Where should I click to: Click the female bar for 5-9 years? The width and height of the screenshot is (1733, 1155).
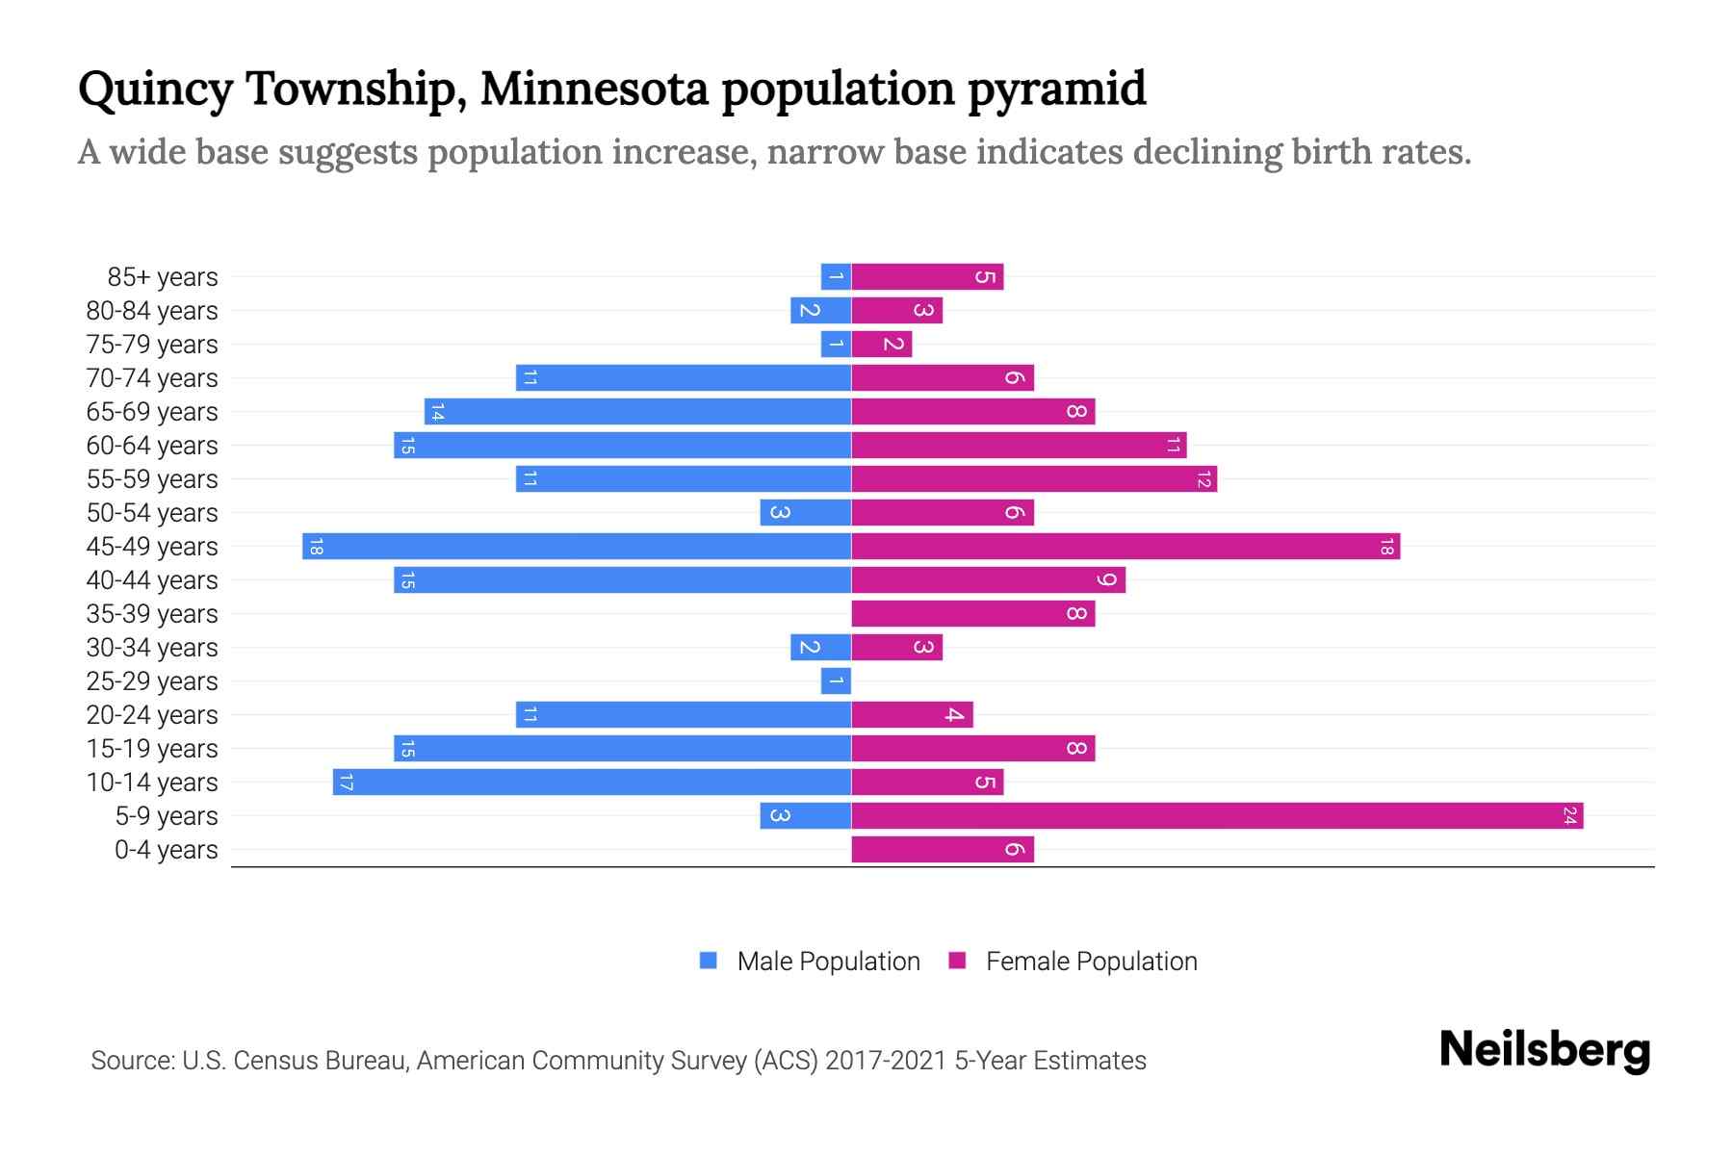1217,816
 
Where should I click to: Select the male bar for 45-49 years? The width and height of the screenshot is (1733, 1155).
577,547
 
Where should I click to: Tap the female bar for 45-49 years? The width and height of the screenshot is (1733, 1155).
1125,547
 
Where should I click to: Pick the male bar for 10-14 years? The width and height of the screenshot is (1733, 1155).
592,783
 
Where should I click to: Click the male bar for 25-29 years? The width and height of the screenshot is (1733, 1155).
836,681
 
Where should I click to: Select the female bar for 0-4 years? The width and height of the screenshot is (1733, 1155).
943,850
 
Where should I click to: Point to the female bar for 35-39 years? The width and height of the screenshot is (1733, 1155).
973,614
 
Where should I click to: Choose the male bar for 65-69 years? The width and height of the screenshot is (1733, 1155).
637,412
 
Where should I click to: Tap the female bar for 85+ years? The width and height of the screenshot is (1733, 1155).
927,277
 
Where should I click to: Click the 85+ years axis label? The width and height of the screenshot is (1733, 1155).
163,277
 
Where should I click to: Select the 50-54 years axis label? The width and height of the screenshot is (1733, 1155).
152,513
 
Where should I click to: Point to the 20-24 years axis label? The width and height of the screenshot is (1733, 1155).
152,715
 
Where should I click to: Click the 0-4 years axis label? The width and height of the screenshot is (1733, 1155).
167,850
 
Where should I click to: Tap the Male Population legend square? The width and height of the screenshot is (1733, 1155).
709,961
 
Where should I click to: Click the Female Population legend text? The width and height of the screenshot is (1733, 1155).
1091,962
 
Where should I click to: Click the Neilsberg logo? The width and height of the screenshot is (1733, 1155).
1544,1050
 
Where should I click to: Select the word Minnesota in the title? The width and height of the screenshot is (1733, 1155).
594,89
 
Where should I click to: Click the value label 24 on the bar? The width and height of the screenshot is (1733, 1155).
1569,816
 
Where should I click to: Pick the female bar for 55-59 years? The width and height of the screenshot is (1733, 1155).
1034,479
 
